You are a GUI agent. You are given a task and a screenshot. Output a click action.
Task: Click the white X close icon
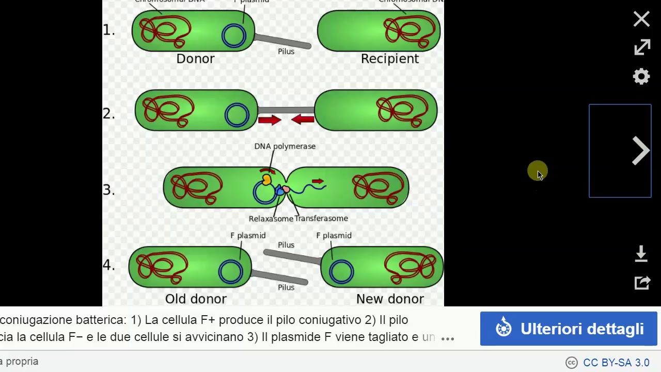pos(641,19)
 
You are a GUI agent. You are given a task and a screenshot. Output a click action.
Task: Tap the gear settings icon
pos(641,76)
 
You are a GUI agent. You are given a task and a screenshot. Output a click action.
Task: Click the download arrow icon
pos(641,254)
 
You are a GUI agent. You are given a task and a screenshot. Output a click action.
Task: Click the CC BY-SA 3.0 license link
pos(616,363)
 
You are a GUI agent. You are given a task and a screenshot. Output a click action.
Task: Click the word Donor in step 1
pos(195,59)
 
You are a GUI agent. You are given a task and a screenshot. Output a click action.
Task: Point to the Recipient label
pos(390,59)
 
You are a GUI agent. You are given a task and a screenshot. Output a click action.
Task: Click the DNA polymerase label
pos(285,146)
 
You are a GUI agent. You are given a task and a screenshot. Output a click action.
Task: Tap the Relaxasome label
pos(271,219)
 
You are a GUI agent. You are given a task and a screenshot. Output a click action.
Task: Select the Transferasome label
pos(322,219)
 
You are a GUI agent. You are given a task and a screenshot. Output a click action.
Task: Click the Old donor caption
pos(196,299)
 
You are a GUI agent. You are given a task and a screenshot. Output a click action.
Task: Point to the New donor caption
pos(390,299)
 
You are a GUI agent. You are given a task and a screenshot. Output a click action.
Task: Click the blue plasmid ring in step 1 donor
pos(234,36)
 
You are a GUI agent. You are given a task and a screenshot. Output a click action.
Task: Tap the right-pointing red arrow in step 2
pos(269,120)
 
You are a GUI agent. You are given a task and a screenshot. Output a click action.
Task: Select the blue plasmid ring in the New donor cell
pos(341,272)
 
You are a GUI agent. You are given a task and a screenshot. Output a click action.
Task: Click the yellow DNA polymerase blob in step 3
pos(266,179)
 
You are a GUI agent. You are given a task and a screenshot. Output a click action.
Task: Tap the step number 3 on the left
pos(108,190)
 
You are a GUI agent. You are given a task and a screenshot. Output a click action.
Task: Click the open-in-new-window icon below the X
pos(642,48)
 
